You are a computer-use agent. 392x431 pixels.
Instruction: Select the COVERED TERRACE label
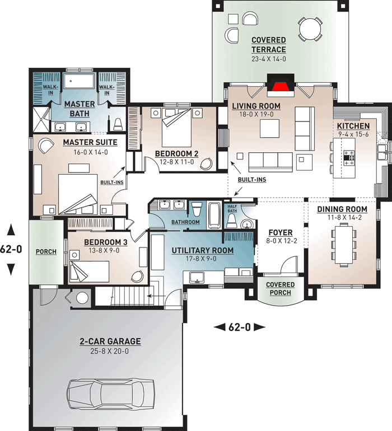[268, 45]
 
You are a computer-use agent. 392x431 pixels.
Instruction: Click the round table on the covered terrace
[309, 27]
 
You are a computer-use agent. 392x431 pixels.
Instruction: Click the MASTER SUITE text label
[85, 143]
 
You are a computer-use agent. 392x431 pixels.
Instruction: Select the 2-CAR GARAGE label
[110, 341]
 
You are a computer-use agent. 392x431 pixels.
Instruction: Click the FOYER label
[281, 232]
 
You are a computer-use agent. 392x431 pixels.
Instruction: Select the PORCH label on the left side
[46, 252]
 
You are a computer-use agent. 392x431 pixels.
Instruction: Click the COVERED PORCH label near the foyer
[279, 289]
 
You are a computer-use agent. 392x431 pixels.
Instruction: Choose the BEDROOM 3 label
[106, 242]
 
